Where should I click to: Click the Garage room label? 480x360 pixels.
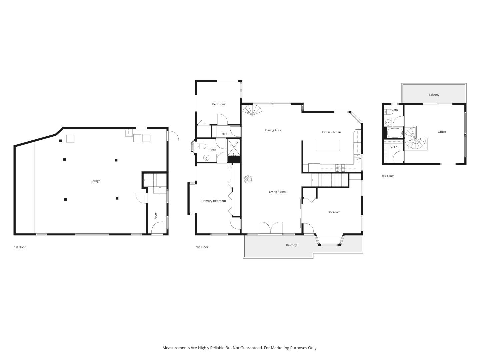tap(95, 181)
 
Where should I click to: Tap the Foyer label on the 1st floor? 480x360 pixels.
tap(156, 216)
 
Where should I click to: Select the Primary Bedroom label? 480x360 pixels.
tap(214, 201)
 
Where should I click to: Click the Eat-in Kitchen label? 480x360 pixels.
tap(331, 132)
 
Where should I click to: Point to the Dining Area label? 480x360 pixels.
tap(273, 130)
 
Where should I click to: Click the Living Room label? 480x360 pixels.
tap(277, 192)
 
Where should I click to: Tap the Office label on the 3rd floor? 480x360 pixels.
tap(442, 132)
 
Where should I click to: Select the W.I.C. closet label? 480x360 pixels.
tap(394, 147)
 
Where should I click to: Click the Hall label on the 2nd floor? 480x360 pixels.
tap(224, 134)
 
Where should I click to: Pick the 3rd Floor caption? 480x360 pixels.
tap(388, 176)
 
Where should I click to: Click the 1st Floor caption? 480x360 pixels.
tap(20, 247)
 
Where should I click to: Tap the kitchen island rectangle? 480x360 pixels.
tap(328, 145)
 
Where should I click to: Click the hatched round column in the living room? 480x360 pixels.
tap(248, 180)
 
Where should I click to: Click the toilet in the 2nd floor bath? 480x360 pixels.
tap(201, 146)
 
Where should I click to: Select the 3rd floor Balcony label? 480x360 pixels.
tap(434, 95)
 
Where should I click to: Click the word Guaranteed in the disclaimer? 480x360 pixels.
tap(252, 348)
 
